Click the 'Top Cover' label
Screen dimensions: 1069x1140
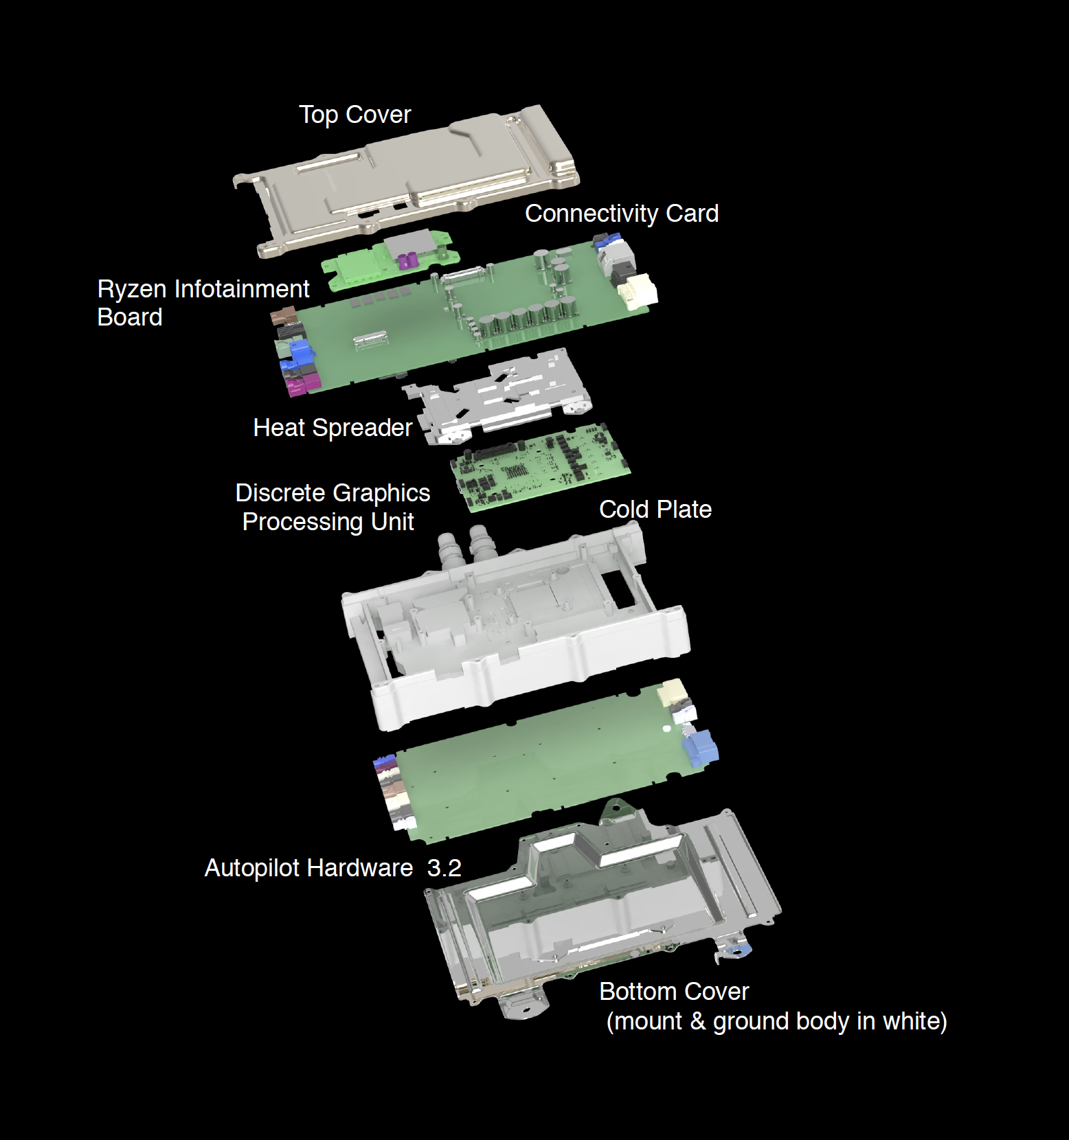click(x=355, y=115)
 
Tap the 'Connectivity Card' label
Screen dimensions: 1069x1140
click(x=622, y=214)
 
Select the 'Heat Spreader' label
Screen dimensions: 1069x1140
click(x=333, y=428)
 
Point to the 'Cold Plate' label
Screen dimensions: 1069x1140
click(x=655, y=510)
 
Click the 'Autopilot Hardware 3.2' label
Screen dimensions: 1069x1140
click(x=333, y=868)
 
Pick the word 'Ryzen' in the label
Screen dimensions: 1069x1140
click(x=133, y=289)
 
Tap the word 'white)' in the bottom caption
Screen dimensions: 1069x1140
click(x=914, y=1021)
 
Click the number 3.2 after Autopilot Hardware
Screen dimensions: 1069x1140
click(x=444, y=868)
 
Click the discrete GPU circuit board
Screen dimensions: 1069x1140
click(x=540, y=467)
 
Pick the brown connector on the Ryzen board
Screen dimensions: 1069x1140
click(x=282, y=317)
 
